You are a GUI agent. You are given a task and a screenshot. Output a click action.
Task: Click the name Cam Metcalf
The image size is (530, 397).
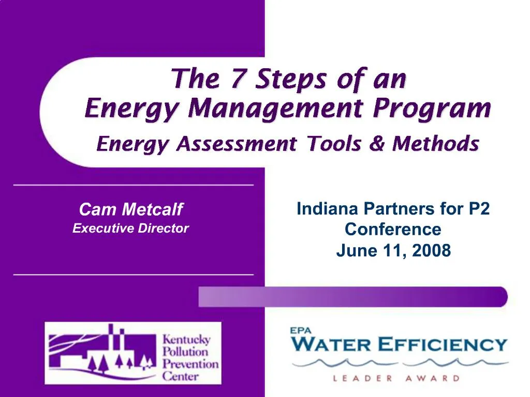131,209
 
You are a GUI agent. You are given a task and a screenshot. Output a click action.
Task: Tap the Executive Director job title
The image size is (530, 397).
131,228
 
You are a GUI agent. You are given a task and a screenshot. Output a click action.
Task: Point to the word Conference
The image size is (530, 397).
393,229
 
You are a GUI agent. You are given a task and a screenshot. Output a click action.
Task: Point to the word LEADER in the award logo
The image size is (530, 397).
362,378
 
